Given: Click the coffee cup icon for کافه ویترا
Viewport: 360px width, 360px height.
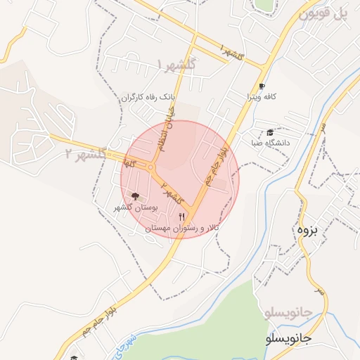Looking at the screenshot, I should (262, 86).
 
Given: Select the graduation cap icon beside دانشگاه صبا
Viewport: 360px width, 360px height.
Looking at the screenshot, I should (270, 131).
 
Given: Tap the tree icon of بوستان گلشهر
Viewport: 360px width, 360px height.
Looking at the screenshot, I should (135, 197).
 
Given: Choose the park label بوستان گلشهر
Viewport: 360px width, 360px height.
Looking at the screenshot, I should (133, 208).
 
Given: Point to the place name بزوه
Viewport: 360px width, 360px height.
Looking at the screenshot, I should (307, 230).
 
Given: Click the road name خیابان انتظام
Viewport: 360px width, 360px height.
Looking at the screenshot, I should (167, 127).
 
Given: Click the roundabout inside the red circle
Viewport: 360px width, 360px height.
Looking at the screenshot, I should (152, 168).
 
